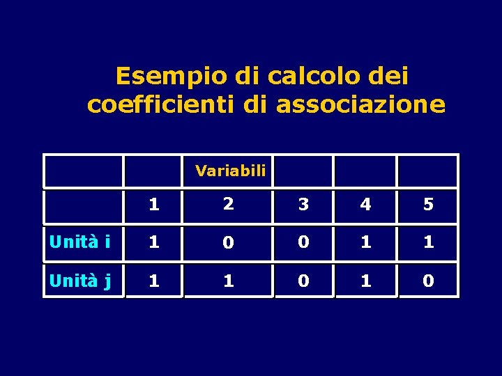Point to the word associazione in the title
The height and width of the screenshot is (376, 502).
tap(360, 104)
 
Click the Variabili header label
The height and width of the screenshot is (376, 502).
tap(230, 171)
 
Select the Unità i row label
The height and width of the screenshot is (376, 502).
tap(79, 243)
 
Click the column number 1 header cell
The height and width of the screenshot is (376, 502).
tap(154, 205)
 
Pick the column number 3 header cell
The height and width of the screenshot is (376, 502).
tap(303, 205)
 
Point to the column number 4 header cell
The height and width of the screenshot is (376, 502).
tap(365, 205)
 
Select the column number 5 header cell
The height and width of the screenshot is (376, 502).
tap(428, 205)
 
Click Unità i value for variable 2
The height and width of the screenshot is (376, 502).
tap(228, 244)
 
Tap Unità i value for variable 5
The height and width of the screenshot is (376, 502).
tap(428, 243)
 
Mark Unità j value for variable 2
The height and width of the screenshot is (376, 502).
tap(228, 281)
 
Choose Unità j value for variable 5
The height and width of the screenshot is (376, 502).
tap(428, 281)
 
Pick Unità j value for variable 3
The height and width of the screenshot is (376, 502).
tap(303, 281)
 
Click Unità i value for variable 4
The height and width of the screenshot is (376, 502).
tap(365, 243)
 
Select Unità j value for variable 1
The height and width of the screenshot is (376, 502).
tap(154, 281)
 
